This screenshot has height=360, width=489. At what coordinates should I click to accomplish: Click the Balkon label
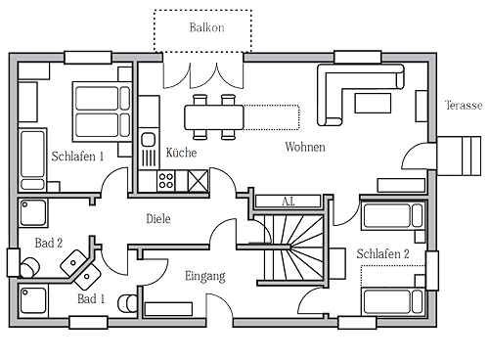[206, 27]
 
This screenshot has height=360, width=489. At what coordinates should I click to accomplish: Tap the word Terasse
[464, 106]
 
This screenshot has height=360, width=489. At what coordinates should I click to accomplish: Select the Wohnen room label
[305, 147]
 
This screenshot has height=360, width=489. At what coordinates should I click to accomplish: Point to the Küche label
[181, 153]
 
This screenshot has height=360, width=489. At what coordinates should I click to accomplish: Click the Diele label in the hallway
[158, 218]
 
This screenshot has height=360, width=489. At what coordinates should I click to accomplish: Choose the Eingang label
[205, 276]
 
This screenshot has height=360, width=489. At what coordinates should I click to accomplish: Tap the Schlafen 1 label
[77, 157]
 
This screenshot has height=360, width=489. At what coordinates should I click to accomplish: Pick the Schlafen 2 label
[382, 253]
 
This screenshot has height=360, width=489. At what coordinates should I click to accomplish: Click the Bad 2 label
[49, 243]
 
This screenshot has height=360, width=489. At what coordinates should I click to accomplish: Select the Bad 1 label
[91, 298]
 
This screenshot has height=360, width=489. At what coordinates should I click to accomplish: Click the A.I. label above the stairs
[289, 202]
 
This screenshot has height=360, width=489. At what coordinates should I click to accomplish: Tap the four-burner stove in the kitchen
[165, 181]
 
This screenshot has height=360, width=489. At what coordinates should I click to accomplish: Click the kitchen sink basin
[149, 140]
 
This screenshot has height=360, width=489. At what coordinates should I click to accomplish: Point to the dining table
[214, 117]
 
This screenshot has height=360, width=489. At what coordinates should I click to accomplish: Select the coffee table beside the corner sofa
[373, 103]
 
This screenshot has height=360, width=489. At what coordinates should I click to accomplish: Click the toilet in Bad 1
[127, 303]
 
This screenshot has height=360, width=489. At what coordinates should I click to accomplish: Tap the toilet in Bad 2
[29, 267]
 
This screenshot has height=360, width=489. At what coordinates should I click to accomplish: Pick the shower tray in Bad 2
[33, 213]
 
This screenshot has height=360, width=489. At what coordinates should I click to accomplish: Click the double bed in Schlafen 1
[102, 112]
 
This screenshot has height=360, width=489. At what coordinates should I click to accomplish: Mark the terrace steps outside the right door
[459, 157]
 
